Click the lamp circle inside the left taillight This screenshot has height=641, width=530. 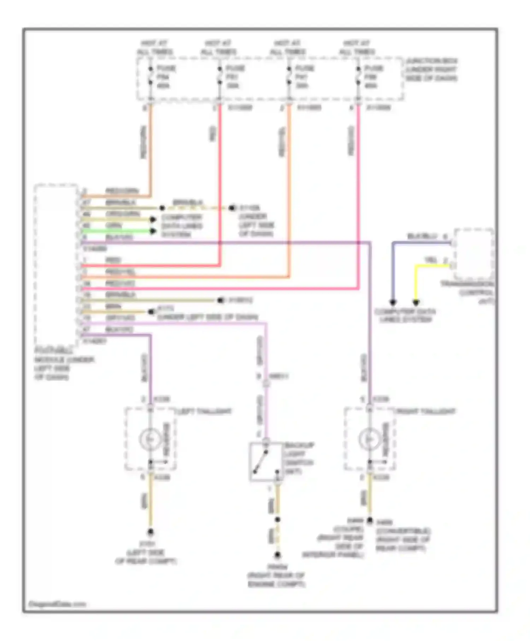point(150,439)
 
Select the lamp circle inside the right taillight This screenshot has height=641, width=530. point(369,439)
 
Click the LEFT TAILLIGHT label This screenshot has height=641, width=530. point(205,411)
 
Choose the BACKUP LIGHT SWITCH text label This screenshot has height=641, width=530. point(299,458)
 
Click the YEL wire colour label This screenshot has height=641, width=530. point(430,260)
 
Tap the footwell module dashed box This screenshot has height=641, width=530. point(56,265)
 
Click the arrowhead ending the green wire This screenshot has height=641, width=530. point(153,231)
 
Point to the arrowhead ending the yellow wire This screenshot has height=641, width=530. point(416,302)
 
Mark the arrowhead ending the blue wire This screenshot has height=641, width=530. point(393,302)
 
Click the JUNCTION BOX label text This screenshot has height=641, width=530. point(431,70)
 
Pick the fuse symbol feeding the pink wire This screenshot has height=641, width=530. point(358,76)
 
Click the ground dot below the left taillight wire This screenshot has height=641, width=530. point(150,532)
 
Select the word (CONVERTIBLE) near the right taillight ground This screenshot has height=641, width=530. point(403,531)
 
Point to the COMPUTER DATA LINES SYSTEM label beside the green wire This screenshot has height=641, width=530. point(182,226)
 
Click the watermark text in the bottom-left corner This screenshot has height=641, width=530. point(57,604)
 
